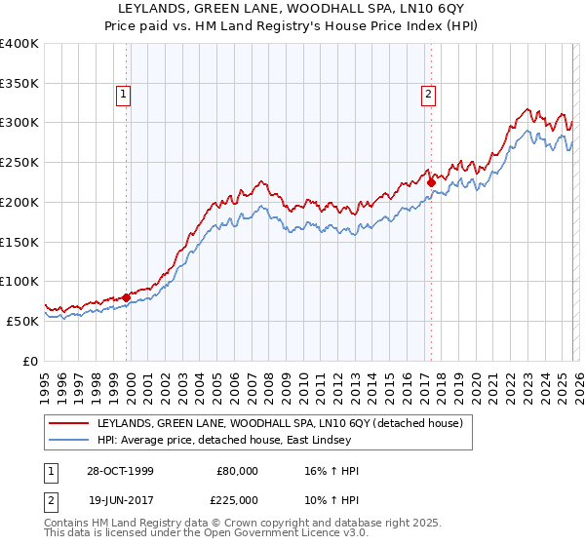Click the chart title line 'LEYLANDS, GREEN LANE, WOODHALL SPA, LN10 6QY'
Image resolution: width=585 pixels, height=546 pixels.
292,9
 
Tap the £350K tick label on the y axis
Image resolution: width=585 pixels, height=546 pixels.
19,83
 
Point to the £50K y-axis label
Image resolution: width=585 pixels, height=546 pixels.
23,321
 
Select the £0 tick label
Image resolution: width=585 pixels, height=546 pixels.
31,361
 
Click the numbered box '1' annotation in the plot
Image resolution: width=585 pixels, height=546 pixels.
125,95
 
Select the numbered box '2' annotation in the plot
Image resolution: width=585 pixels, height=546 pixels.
429,95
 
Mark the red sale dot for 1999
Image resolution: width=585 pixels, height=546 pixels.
127,296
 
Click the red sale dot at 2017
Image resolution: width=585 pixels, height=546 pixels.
430,181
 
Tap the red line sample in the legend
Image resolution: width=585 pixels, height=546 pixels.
69,423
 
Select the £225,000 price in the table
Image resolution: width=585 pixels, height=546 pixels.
236,498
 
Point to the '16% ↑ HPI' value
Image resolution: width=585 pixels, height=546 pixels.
331,471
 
